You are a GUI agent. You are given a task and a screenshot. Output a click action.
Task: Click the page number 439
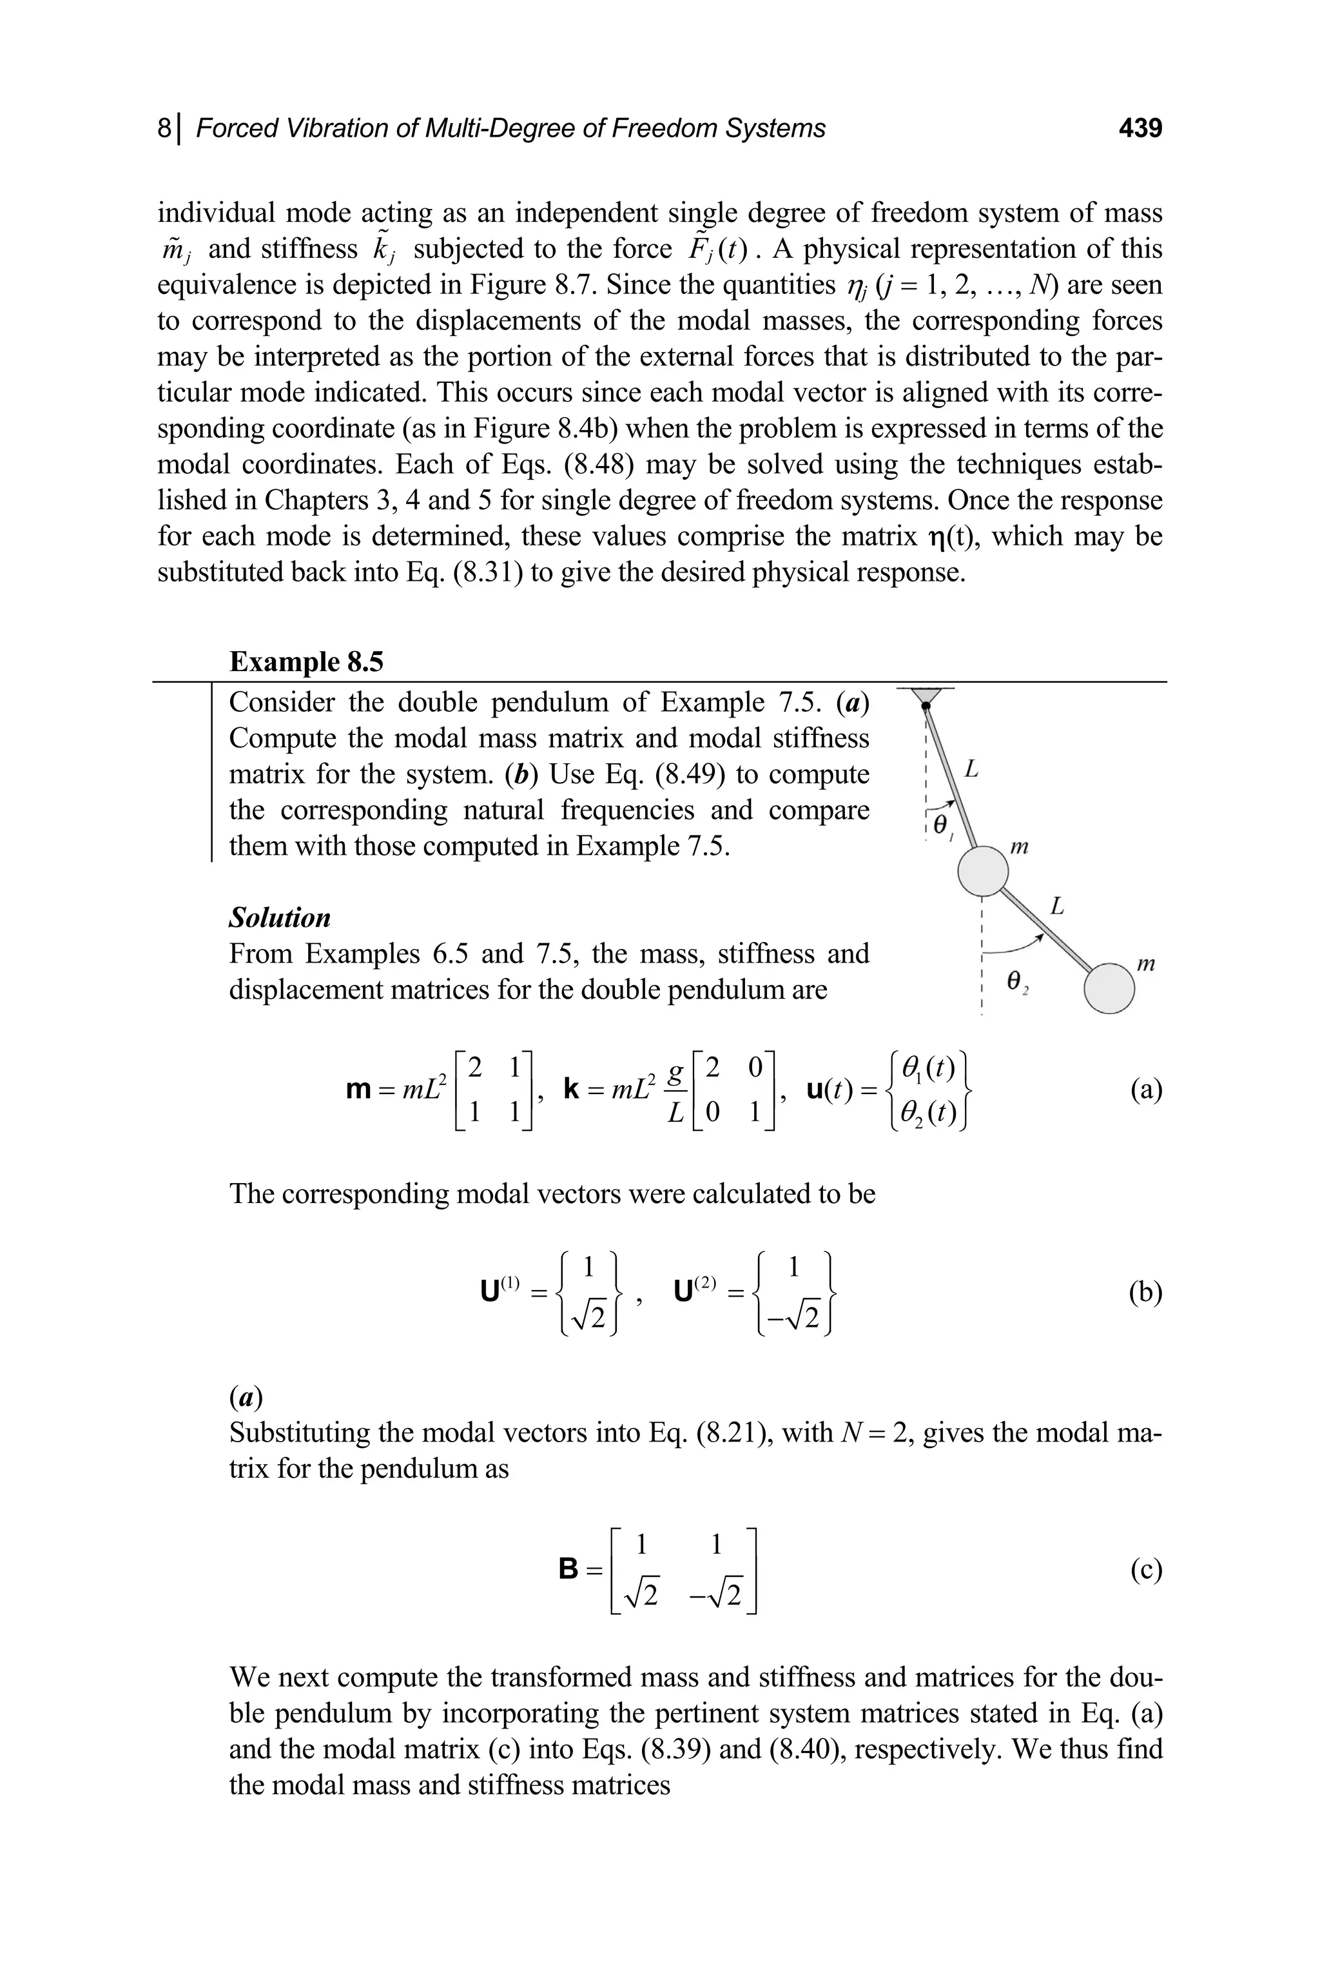tap(1140, 128)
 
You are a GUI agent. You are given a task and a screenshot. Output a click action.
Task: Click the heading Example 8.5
tap(306, 662)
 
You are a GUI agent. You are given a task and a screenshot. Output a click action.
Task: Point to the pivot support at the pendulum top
tap(925, 696)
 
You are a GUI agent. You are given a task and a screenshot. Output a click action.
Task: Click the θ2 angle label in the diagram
tap(1018, 980)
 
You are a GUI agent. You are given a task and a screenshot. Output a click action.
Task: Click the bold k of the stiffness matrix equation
tap(571, 1091)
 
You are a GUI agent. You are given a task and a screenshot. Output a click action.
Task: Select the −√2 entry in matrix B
tap(717, 1595)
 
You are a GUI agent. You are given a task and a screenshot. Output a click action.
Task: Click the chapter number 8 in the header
tap(164, 128)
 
